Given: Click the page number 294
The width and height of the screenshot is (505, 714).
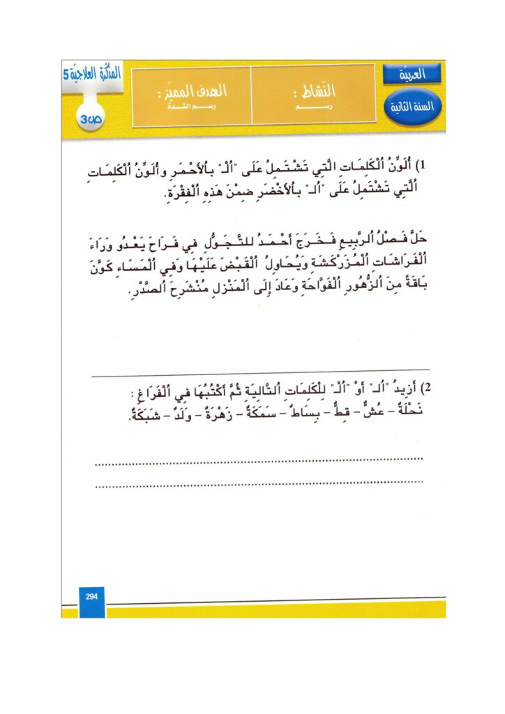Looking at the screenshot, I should click(x=91, y=596).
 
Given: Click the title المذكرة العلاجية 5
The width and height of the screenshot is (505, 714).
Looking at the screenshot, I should click(x=91, y=74).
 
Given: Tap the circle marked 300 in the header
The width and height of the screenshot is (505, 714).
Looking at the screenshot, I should click(x=92, y=117).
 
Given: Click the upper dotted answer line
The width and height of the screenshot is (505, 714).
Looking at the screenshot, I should click(x=258, y=459).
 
